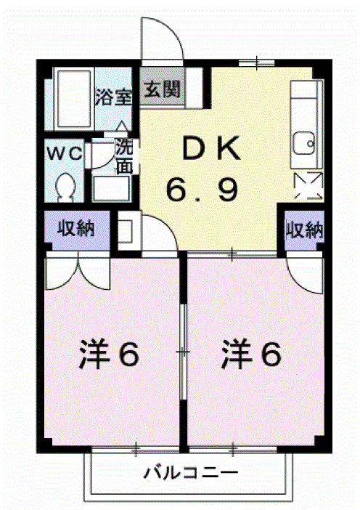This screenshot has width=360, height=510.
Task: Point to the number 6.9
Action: coord(202,190)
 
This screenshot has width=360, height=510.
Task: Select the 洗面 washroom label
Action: coord(124,155)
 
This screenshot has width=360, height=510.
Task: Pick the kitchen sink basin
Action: coord(303,142)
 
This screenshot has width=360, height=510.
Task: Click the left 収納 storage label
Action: coord(76,229)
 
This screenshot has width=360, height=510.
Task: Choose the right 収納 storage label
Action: coord(304,231)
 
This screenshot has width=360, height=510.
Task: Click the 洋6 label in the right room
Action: coord(250,355)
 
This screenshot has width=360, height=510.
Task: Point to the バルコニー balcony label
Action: coord(189,474)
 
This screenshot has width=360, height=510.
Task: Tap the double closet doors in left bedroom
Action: coord(76,272)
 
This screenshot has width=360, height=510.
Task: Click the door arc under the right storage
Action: coord(303,273)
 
